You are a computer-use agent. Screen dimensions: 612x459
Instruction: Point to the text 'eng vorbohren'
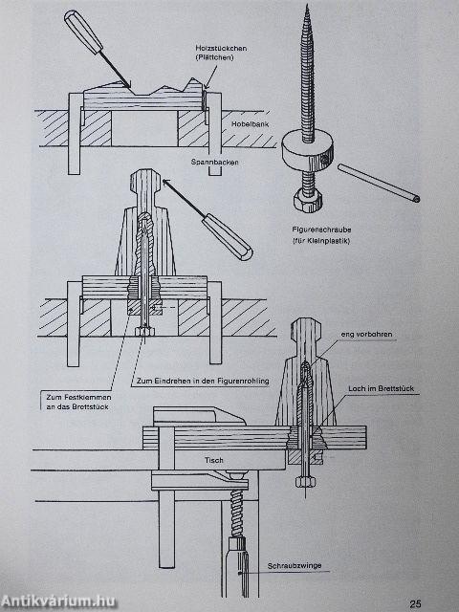click(362, 334)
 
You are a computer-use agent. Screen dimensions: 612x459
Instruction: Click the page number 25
click(415, 602)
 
